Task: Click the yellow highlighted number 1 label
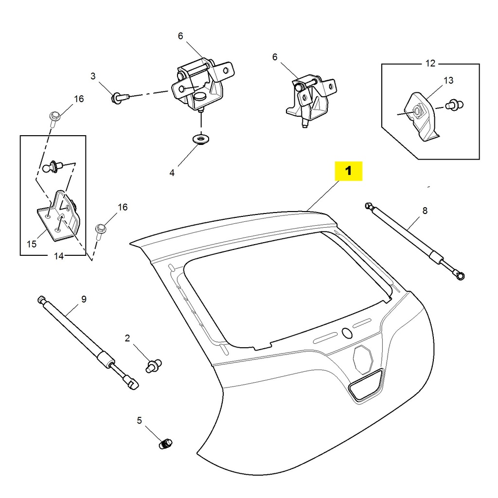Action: [x=348, y=171]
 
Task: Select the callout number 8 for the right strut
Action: [x=425, y=211]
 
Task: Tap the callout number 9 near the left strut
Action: [x=84, y=299]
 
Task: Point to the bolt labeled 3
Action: [x=120, y=98]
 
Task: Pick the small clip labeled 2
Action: [x=154, y=364]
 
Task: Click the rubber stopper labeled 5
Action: [x=165, y=444]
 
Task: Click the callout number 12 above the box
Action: [x=430, y=63]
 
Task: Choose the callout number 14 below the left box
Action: [x=58, y=256]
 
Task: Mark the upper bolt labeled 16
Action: [x=54, y=117]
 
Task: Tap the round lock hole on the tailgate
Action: [x=347, y=333]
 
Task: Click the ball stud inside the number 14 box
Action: [x=52, y=168]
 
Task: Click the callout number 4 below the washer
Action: [x=172, y=173]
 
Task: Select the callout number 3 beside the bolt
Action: [x=93, y=76]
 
